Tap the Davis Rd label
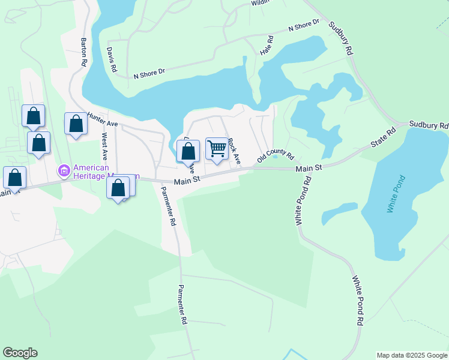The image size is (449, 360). click(111, 60)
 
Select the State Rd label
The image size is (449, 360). click(384, 138)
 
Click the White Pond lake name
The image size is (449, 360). click(397, 194)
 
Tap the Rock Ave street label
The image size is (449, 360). click(234, 151)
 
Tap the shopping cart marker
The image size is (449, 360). click(217, 148)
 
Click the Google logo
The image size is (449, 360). click(20, 353)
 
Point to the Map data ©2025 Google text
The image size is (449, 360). click(411, 355)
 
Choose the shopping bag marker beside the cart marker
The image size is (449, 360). click(188, 150)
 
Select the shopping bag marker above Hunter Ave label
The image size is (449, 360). click(76, 124)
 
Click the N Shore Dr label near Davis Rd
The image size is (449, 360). click(149, 73)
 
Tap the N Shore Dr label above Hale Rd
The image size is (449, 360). click(304, 26)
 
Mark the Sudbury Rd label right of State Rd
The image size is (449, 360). click(429, 125)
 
